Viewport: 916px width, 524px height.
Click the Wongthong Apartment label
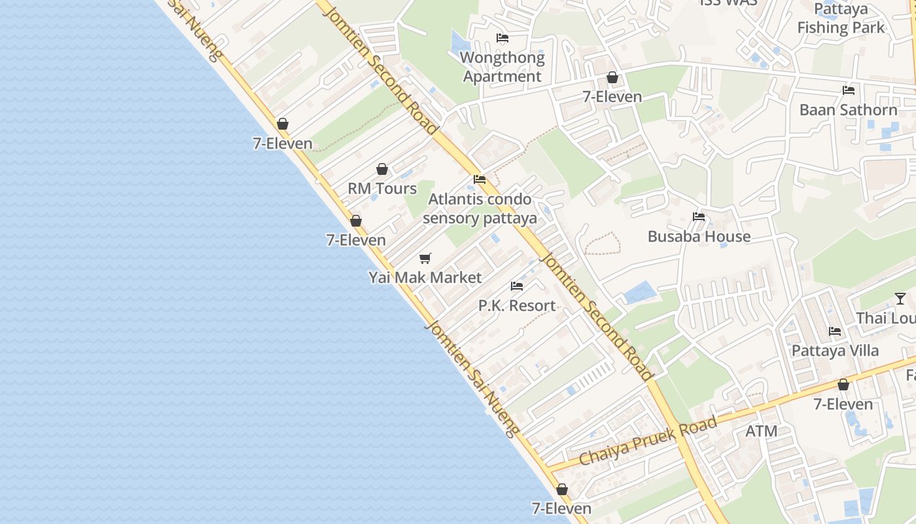click(x=502, y=67)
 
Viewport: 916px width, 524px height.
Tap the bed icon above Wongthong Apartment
click(x=502, y=38)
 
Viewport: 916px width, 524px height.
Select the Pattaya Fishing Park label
click(x=841, y=18)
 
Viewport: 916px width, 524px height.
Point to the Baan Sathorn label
click(x=848, y=109)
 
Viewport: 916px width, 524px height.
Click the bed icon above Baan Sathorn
click(x=849, y=90)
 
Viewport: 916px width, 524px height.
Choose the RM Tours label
click(x=382, y=189)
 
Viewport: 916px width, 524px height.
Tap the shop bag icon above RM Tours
click(x=382, y=170)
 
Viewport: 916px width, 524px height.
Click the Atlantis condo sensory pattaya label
click(x=480, y=208)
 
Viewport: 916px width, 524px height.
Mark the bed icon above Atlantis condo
click(x=480, y=179)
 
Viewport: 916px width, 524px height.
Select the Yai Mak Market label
click(x=425, y=278)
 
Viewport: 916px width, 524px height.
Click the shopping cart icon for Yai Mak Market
click(x=425, y=259)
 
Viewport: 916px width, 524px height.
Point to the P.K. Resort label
click(x=517, y=306)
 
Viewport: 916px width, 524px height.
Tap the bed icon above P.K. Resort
click(x=517, y=286)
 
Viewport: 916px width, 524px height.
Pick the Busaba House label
click(x=699, y=236)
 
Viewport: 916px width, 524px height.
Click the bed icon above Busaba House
click(x=699, y=217)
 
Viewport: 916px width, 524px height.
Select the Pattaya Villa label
click(x=835, y=350)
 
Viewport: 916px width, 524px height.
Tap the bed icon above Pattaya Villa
click(x=835, y=331)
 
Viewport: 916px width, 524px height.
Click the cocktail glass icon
click(x=900, y=299)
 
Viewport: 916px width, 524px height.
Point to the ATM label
click(x=762, y=431)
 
